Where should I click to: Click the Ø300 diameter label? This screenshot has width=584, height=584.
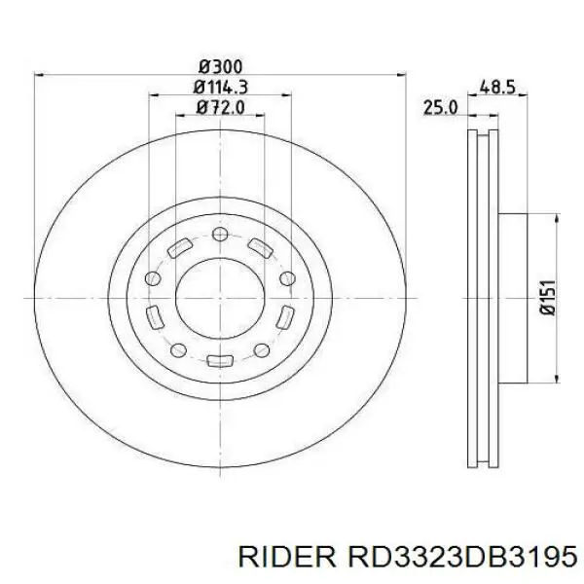pos(221,67)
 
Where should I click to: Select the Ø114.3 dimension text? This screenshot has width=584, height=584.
pos(221,88)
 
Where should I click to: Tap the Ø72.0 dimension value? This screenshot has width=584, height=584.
pos(221,107)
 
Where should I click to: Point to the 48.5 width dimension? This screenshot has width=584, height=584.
pos(497,88)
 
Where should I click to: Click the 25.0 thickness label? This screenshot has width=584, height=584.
pos(440,108)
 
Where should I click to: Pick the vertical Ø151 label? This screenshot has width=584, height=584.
pos(547,298)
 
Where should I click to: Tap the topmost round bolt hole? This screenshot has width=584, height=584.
pos(220,234)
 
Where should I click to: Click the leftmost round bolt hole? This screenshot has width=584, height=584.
pos(153,278)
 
